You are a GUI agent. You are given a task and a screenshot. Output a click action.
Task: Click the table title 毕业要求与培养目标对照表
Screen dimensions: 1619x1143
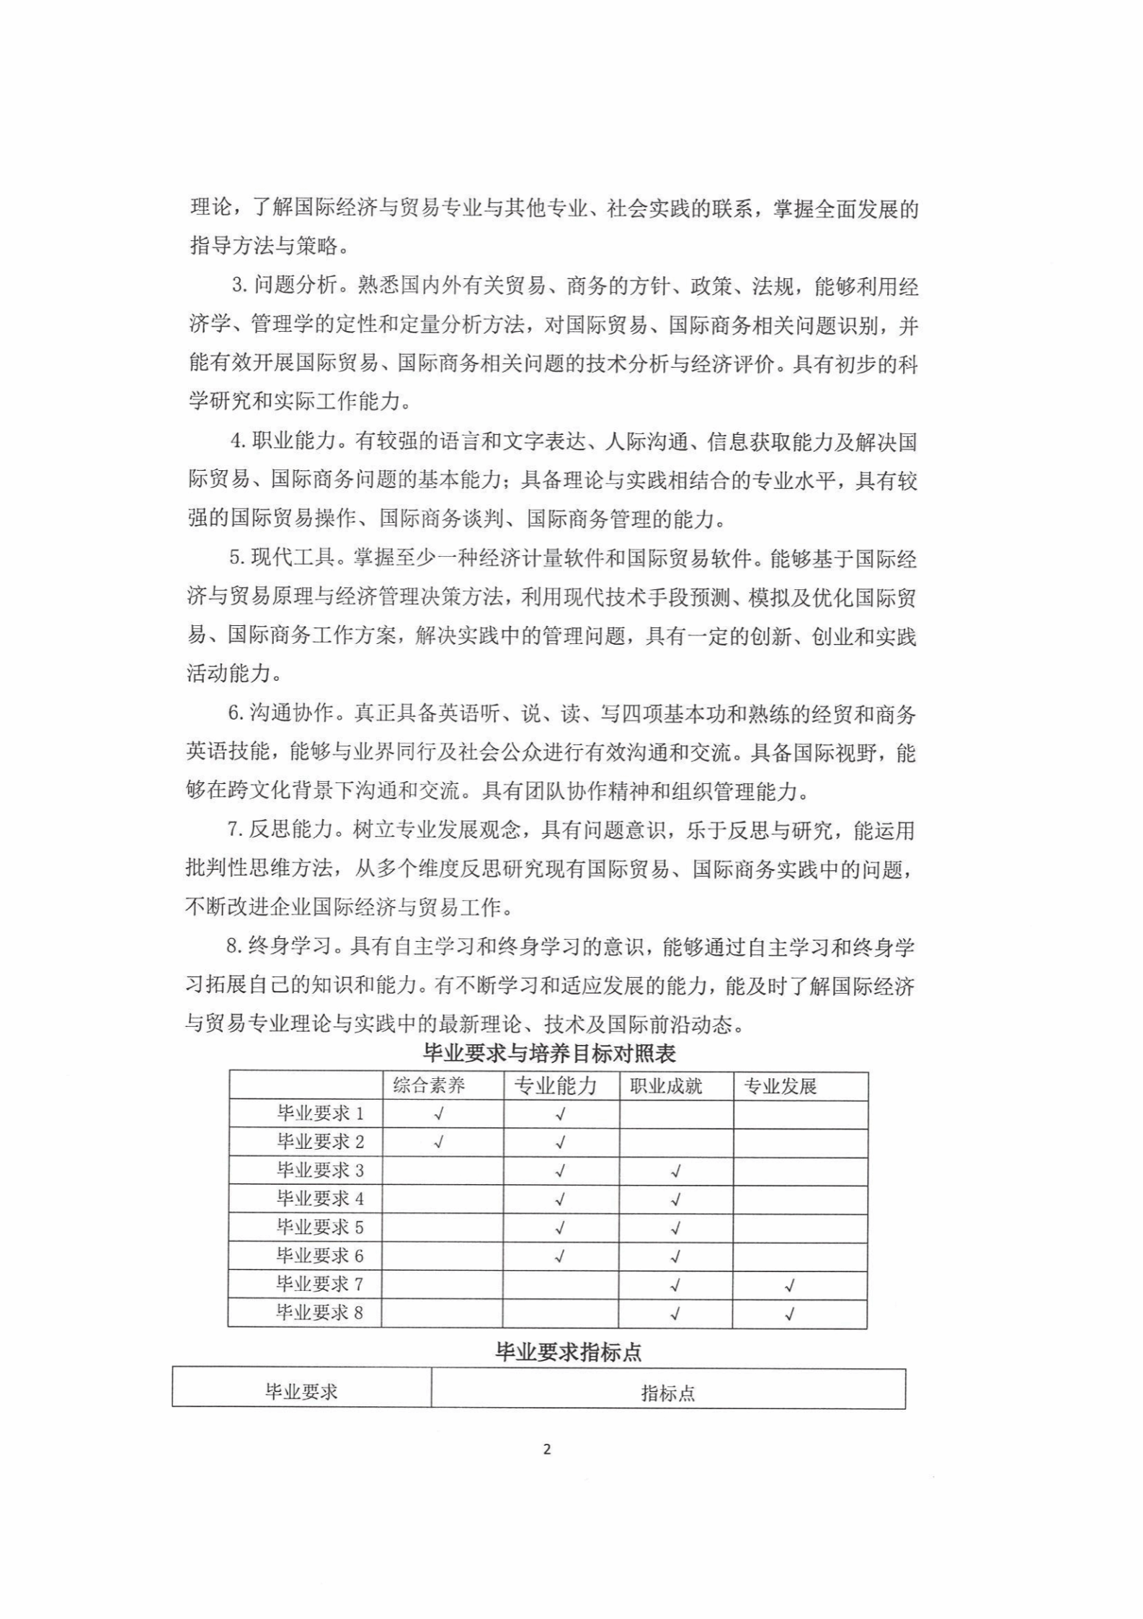click(x=549, y=1054)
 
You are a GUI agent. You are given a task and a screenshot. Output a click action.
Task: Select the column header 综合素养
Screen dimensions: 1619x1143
click(x=430, y=1086)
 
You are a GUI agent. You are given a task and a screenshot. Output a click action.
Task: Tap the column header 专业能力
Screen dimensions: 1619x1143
click(x=556, y=1086)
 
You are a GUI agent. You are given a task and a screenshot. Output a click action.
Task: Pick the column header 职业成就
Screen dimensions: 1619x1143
click(x=666, y=1086)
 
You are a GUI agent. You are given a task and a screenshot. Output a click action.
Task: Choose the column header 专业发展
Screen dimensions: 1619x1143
click(x=780, y=1086)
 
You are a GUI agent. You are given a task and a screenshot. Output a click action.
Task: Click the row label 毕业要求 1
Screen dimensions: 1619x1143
click(x=321, y=1113)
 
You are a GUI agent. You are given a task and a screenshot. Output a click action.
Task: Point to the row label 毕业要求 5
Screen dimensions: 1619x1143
click(x=321, y=1227)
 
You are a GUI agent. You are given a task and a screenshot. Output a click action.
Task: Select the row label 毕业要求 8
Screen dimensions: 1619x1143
click(x=320, y=1313)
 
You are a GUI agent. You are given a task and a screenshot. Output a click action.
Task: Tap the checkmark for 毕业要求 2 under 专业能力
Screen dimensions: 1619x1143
click(x=561, y=1142)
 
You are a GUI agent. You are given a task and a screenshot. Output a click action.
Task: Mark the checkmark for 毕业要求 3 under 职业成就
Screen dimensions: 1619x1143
click(x=676, y=1171)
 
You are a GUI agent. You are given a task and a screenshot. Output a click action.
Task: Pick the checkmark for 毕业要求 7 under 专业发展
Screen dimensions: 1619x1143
click(x=790, y=1285)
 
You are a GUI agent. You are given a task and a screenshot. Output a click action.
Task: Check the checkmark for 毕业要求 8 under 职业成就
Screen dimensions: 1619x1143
click(x=675, y=1313)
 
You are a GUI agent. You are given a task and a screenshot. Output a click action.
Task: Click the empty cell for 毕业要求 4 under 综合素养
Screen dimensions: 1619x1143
click(x=442, y=1199)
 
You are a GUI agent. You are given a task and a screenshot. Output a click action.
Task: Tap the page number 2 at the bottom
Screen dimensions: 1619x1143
click(x=546, y=1450)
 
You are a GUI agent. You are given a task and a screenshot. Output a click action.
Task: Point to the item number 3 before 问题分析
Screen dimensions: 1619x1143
click(x=237, y=286)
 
